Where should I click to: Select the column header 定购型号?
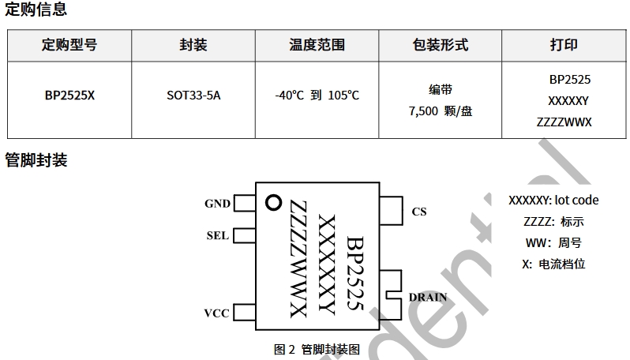pos(69,45)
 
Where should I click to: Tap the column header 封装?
pos(193,45)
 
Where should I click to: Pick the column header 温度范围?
pos(317,45)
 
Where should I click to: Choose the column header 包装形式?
pos(441,45)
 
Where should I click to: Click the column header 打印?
pos(564,45)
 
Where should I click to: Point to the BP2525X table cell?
pos(69,96)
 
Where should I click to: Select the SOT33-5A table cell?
pos(193,96)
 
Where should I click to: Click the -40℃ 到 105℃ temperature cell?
pos(317,96)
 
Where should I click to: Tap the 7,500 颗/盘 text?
pos(441,111)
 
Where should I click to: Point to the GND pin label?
pos(217,204)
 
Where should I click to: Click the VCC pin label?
pos(216,313)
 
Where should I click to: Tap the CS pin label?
pos(419,212)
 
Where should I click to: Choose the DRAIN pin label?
pos(428,298)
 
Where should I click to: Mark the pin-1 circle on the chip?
pos(274,202)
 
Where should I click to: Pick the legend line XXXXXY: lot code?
pos(553,201)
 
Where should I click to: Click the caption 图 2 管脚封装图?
pos(317,349)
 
